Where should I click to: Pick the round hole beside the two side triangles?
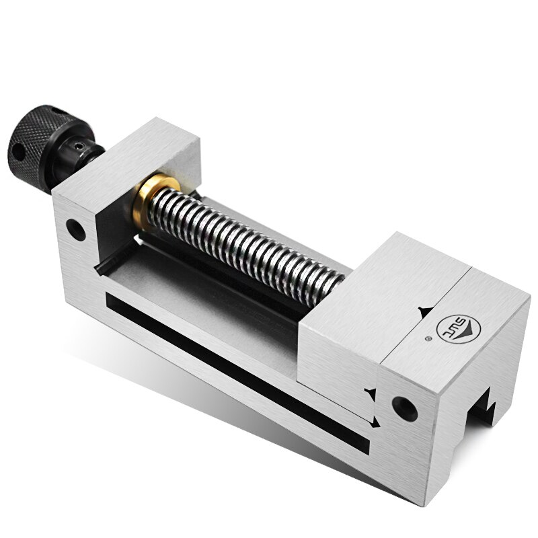tap(403, 406)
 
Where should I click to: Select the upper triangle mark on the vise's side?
tap(369, 392)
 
